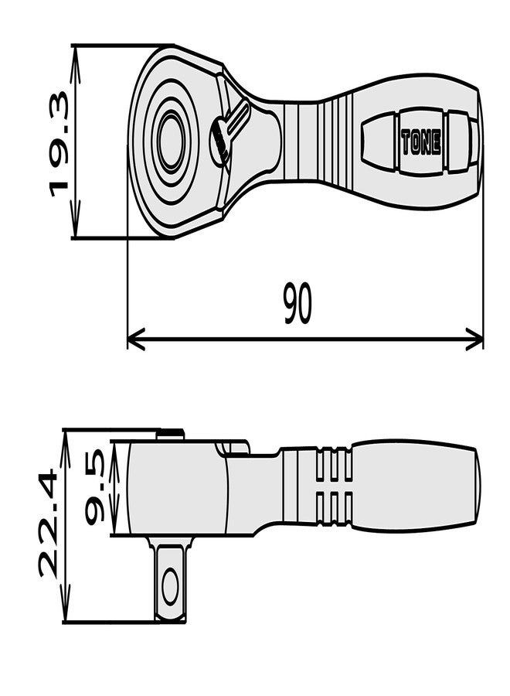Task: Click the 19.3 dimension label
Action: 59,144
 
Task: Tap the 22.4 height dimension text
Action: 48,524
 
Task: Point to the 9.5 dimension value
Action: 94,487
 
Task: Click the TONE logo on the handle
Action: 421,142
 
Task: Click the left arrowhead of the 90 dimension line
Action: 136,339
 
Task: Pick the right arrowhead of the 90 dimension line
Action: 474,339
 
